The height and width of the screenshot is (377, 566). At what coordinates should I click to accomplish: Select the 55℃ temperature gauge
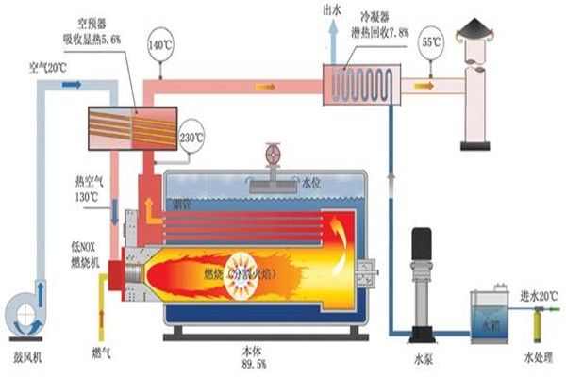tap(430, 44)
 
